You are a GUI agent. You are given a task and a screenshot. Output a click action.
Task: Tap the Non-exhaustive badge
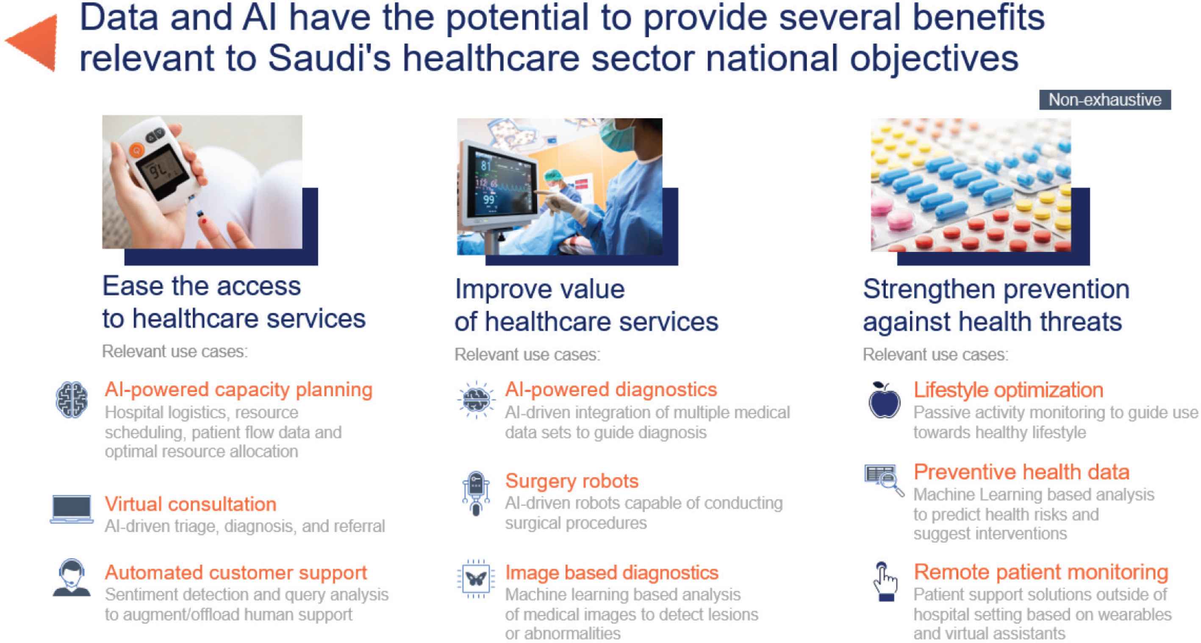point(1104,100)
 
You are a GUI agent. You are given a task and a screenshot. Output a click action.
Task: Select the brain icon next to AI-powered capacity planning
point(71,400)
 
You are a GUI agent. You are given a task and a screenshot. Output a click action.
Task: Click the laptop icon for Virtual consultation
point(71,510)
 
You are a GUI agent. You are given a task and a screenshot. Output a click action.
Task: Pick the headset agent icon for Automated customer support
point(71,578)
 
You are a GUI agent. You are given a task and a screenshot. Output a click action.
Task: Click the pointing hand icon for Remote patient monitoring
point(885,582)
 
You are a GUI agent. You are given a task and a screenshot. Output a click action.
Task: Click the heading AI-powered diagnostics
point(611,389)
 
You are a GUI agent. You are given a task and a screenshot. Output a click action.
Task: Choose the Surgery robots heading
point(571,481)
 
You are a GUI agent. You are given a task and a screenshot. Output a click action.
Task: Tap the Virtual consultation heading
point(190,504)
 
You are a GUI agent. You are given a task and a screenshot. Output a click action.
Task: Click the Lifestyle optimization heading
point(1008,390)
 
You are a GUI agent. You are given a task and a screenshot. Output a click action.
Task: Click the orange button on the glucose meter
point(136,150)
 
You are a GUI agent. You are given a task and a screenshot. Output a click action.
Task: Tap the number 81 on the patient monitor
point(486,166)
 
